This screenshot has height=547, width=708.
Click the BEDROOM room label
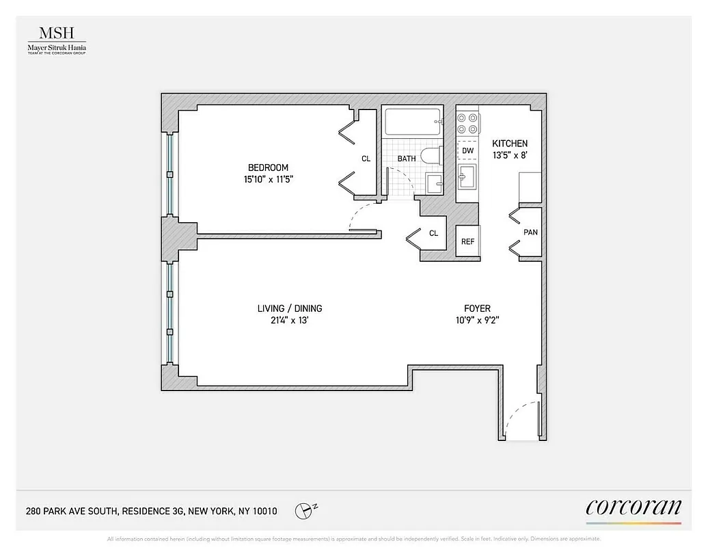pyautogui.click(x=268, y=168)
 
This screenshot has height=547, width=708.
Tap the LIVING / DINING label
pyautogui.click(x=290, y=308)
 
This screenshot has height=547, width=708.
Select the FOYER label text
pyautogui.click(x=476, y=308)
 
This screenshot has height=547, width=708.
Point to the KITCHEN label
pyautogui.click(x=510, y=144)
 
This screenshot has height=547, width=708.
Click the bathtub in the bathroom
pyautogui.click(x=413, y=122)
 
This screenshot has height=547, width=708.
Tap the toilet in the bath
pyautogui.click(x=431, y=156)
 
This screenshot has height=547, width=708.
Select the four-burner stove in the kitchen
pyautogui.click(x=467, y=123)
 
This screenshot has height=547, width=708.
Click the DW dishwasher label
pyautogui.click(x=467, y=150)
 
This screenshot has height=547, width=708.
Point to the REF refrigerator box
pyautogui.click(x=467, y=241)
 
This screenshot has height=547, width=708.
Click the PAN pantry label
pyautogui.click(x=530, y=232)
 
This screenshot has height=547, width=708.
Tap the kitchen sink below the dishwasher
pyautogui.click(x=467, y=178)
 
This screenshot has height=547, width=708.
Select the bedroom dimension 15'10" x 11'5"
pyautogui.click(x=268, y=179)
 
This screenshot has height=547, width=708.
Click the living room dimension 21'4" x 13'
pyautogui.click(x=290, y=320)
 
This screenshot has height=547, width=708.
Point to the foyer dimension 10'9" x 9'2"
pyautogui.click(x=476, y=320)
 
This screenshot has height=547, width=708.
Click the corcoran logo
pyautogui.click(x=634, y=507)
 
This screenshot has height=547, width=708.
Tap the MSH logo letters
pyautogui.click(x=57, y=34)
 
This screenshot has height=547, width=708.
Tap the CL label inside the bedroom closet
pyautogui.click(x=366, y=159)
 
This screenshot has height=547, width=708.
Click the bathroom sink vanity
pyautogui.click(x=435, y=183)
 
